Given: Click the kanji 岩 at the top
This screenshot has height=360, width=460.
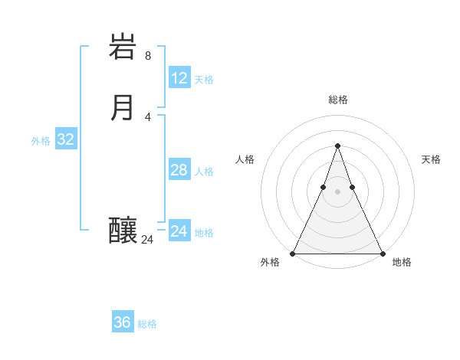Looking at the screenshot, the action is [123, 48].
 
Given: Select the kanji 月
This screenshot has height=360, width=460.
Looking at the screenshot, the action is [123, 107].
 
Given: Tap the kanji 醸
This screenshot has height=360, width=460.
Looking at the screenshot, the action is [123, 230].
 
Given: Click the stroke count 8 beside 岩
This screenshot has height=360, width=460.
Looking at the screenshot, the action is [148, 56].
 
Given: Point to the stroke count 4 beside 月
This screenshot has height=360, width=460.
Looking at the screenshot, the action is [148, 116].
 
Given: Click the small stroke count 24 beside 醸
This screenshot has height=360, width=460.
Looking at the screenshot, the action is [147, 240].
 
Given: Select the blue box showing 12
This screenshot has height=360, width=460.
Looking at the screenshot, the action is [179, 78].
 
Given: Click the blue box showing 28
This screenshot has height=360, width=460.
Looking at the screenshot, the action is [179, 170].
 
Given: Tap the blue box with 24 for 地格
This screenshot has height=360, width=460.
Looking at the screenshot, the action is [179, 231].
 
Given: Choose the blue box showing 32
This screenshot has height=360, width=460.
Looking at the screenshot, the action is [66, 139].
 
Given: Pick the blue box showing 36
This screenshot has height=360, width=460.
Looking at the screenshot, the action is [123, 322].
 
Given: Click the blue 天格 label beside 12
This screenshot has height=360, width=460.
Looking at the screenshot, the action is [204, 80].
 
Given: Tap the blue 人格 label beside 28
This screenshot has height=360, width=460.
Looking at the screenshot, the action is [204, 172].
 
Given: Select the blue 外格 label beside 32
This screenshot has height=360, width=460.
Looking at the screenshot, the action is [41, 141].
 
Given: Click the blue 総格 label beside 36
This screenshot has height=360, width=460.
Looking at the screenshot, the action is [147, 324].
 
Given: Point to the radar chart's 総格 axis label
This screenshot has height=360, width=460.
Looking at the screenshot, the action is [337, 100].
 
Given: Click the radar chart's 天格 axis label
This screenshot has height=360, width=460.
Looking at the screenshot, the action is [431, 159].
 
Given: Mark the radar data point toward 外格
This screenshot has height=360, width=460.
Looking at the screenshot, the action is [293, 253].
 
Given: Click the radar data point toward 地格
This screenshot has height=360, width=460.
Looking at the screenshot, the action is [382, 253].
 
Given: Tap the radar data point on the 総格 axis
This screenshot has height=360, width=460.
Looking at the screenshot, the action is [337, 146].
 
